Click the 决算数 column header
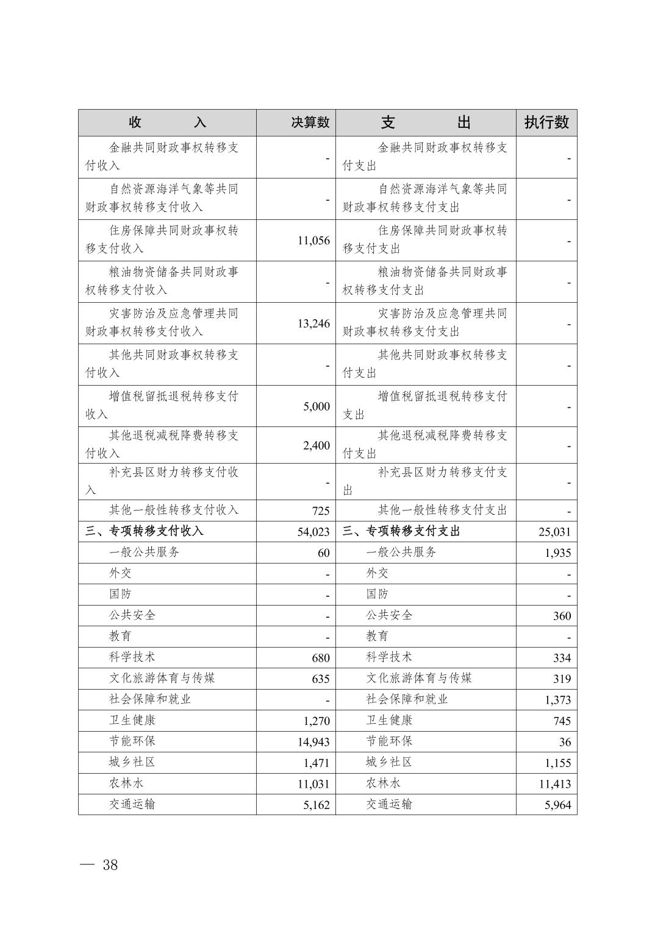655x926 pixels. [x=310, y=122]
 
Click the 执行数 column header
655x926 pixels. [x=546, y=122]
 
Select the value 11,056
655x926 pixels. [x=313, y=241]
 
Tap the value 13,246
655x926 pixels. [x=313, y=323]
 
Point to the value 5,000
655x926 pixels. [x=317, y=406]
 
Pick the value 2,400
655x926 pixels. [x=317, y=445]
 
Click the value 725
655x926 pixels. [x=320, y=511]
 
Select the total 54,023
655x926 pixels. [x=313, y=532]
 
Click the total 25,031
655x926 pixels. [x=554, y=532]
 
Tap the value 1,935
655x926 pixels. [x=558, y=553]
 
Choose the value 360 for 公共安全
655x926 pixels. [x=562, y=616]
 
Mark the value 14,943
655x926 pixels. [x=313, y=742]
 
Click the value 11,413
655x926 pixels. [x=554, y=784]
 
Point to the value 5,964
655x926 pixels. [x=558, y=805]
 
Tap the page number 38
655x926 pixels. [x=110, y=865]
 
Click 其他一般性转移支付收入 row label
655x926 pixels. [x=174, y=510]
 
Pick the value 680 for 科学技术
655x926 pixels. [x=320, y=658]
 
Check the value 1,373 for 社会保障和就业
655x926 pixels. [x=558, y=700]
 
